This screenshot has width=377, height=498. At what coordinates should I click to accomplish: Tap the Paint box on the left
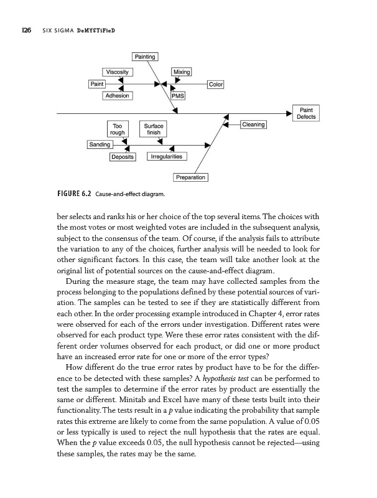click(97, 83)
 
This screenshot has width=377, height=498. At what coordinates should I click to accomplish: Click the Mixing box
click(181, 72)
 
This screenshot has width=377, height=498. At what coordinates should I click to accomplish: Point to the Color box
click(215, 84)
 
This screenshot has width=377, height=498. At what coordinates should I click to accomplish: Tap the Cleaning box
click(253, 125)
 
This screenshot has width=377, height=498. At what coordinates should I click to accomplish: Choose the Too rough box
click(117, 129)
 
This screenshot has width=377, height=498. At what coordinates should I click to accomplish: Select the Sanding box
click(99, 144)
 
